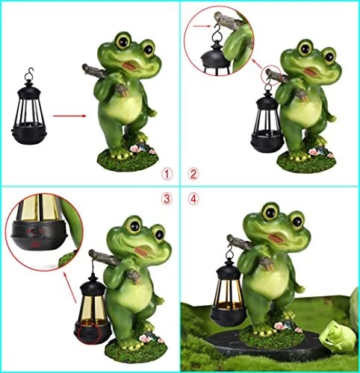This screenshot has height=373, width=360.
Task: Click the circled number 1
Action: (167, 174)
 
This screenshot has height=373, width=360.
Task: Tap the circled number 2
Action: (193, 174)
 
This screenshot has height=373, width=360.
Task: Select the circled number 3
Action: (167, 199)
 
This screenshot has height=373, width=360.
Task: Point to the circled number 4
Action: (193, 199)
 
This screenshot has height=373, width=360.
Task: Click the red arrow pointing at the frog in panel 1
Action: (69, 116)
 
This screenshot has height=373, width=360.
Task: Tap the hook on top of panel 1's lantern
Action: (30, 73)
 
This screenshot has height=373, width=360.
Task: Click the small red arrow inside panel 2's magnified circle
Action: (202, 26)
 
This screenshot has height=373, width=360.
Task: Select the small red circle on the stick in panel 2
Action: (271, 75)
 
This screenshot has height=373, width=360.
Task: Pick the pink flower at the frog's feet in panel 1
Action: (134, 148)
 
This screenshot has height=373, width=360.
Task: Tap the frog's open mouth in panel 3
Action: (142, 251)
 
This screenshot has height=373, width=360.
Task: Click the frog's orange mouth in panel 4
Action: (276, 239)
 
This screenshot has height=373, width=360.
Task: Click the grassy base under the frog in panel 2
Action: (306, 162)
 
